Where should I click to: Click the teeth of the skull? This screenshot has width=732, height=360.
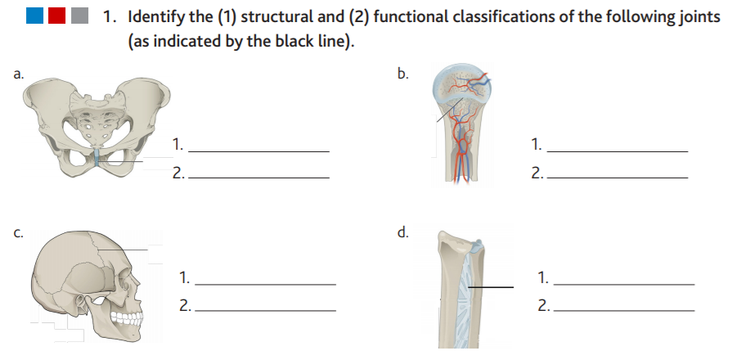[124, 317]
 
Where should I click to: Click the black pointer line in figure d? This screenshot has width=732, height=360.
[491, 286]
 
